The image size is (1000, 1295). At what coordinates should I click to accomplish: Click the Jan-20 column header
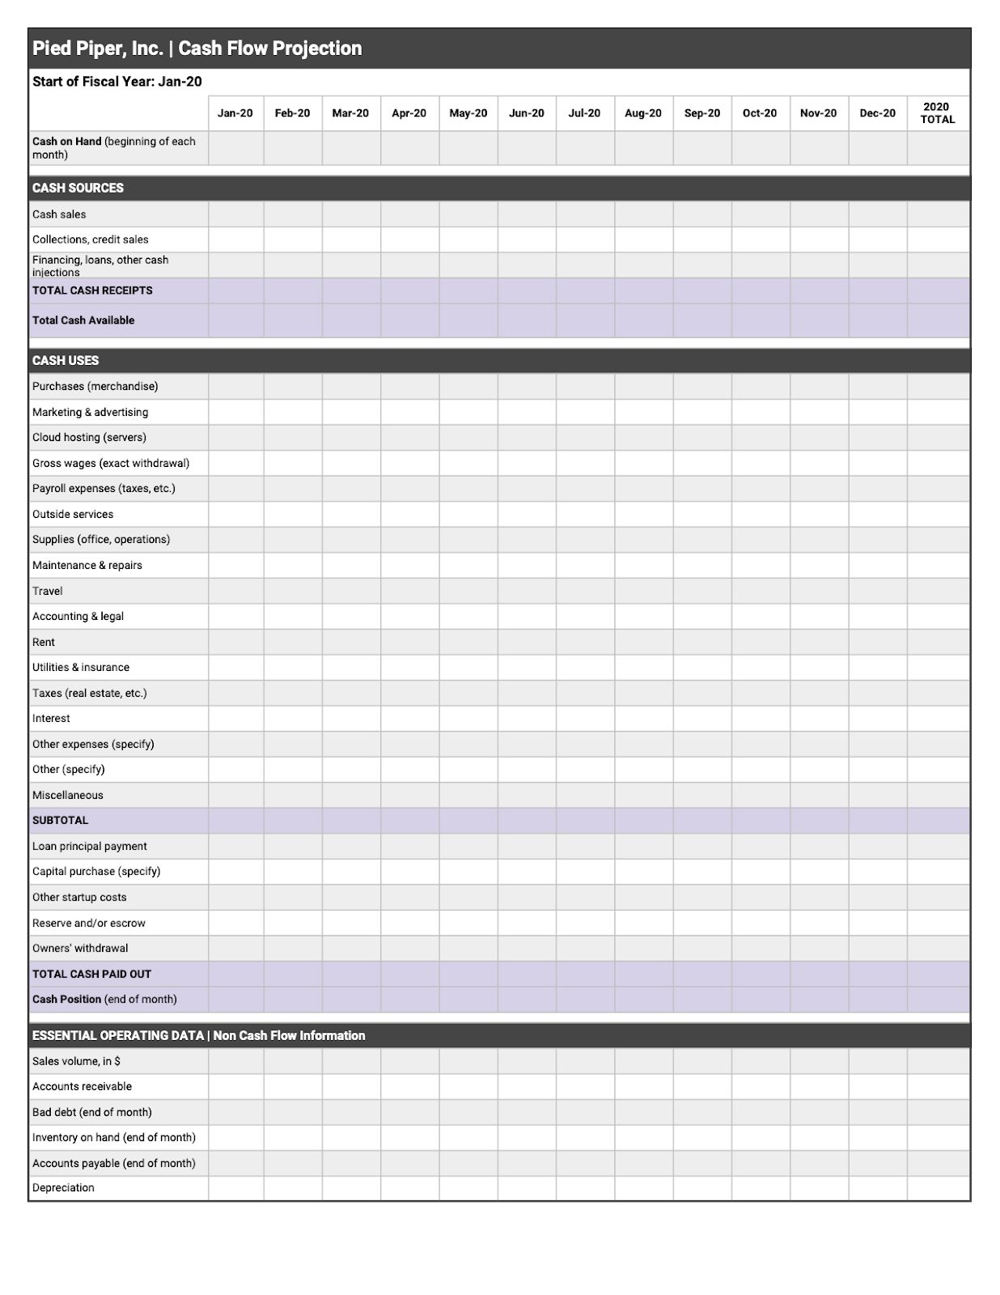[x=235, y=113]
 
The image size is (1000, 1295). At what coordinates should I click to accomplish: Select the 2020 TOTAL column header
[x=937, y=113]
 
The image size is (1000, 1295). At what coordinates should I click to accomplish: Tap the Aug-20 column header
[x=642, y=113]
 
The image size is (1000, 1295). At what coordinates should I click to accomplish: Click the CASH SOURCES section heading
[x=78, y=188]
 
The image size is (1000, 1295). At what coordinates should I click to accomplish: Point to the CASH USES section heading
[x=66, y=360]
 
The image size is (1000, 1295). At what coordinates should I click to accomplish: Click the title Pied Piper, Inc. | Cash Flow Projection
[x=197, y=49]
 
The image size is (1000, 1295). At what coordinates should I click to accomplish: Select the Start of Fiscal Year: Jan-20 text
[x=117, y=82]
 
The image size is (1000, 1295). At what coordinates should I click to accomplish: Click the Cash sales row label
[x=59, y=214]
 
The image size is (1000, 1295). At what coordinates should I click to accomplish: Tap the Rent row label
[x=44, y=642]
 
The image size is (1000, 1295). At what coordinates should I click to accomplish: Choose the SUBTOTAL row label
[x=60, y=820]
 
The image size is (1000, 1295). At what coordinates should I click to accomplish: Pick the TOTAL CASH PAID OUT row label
[x=91, y=974]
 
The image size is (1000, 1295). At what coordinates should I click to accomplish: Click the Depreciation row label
[x=63, y=1187]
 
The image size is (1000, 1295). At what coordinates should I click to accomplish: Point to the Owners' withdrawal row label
[x=80, y=948]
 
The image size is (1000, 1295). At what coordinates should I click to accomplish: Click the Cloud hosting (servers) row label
[x=89, y=437]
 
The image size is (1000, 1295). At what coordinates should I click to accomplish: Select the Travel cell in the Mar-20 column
[x=350, y=591]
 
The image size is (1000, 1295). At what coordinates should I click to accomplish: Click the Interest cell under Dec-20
[x=877, y=718]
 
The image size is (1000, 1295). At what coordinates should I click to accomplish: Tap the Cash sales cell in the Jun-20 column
[x=526, y=214]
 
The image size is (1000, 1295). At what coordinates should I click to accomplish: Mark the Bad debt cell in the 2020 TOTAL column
[x=937, y=1112]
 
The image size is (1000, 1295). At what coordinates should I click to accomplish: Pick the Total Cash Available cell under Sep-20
[x=701, y=321]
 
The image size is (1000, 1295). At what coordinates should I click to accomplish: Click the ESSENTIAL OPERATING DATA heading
[x=199, y=1035]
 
